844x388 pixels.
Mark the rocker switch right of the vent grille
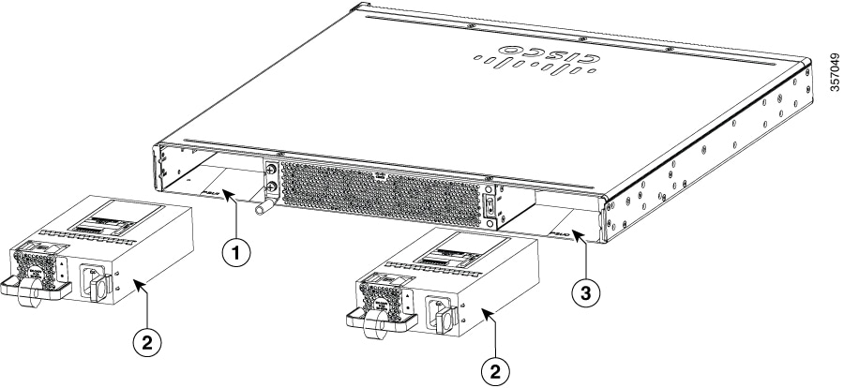tap(489, 204)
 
